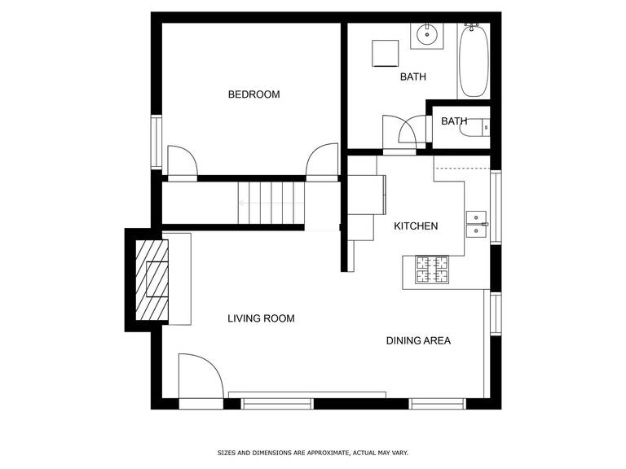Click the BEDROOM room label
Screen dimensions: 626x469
pos(254,94)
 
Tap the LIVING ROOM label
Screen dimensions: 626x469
pos(261,318)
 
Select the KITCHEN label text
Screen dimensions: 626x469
pos(416,226)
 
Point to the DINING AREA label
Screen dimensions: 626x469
pos(418,340)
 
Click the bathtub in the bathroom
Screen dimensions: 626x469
pos(474,60)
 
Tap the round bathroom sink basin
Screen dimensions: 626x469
pos(427,35)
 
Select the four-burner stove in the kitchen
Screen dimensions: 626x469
pos(432,270)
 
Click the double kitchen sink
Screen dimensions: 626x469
pos(477,225)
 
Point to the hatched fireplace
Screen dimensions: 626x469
pos(152,280)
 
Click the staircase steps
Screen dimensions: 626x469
pos(271,203)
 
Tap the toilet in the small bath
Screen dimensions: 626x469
pos(474,128)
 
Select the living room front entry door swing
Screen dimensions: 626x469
pos(201,376)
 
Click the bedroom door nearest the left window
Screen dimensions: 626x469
pos(182,161)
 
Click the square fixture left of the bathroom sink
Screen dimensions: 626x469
pos(386,53)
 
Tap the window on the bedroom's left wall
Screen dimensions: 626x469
pos(156,142)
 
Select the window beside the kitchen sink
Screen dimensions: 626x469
pos(496,207)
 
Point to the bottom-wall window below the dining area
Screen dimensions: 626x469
pos(438,404)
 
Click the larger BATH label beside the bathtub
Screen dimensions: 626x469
pos(413,77)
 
